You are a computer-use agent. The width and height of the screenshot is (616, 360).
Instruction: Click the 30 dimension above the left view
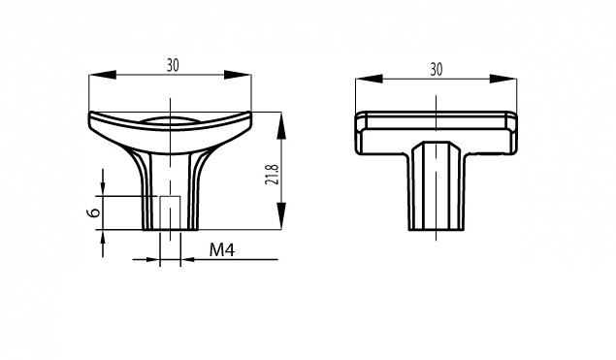pos(173,65)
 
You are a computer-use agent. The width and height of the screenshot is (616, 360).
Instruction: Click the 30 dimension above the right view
pos(437,69)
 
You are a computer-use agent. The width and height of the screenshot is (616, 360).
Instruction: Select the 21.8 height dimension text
pos(272,174)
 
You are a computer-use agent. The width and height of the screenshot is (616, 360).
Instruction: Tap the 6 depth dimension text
pos(93,213)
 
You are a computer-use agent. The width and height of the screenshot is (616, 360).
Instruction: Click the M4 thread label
pos(222,249)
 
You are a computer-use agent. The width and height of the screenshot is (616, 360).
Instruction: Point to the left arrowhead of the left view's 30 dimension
pos(103,75)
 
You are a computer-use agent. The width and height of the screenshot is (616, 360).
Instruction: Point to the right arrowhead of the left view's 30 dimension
pos(238,75)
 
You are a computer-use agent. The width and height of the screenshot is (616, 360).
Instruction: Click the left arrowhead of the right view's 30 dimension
pos(369,79)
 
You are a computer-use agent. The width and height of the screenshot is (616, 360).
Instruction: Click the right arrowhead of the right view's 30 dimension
pos(503,79)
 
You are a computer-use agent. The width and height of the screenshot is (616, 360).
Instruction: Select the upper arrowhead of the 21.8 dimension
pos(281,125)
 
